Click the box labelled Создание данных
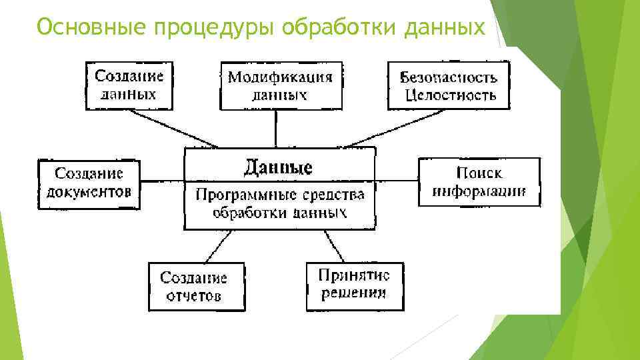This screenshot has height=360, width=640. click(x=129, y=85)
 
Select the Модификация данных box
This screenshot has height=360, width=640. click(x=281, y=85)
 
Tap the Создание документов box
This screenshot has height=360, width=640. click(x=89, y=183)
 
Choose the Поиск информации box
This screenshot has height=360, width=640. click(x=479, y=182)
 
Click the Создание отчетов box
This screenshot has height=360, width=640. click(x=196, y=287)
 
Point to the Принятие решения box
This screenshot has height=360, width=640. click(x=355, y=285)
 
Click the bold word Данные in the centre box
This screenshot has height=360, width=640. click(x=277, y=166)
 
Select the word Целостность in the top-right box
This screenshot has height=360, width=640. click(x=451, y=95)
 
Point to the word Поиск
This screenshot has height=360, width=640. click(x=479, y=173)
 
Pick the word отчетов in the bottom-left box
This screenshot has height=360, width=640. click(x=194, y=295)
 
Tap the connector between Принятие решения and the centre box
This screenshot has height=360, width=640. click(x=333, y=247)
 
